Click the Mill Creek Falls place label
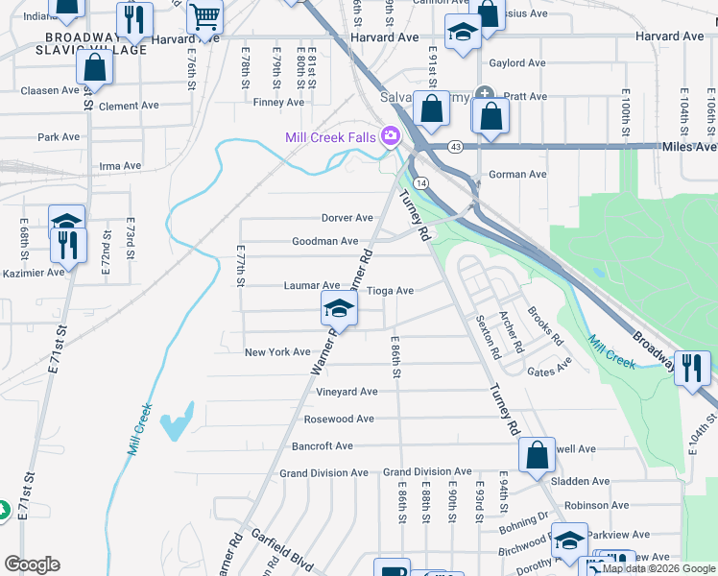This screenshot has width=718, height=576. click(x=330, y=137)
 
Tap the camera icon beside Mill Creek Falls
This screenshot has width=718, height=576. click(x=391, y=137)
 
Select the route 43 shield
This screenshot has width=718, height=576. click(x=455, y=147)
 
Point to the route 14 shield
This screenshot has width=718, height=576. click(x=420, y=182)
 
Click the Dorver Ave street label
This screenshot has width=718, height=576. click(x=347, y=218)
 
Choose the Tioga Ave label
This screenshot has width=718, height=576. click(x=390, y=291)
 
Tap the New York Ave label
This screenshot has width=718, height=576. click(x=277, y=352)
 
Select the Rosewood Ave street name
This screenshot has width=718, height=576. click(x=338, y=420)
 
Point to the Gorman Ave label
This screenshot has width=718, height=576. click(x=517, y=175)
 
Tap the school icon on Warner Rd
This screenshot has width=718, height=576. click(x=339, y=308)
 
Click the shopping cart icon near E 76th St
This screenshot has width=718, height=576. click(x=204, y=16)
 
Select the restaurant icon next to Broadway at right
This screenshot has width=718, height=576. click(x=692, y=368)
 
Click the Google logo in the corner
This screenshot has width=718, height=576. click(x=32, y=564)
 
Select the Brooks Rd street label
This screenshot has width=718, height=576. click(x=544, y=326)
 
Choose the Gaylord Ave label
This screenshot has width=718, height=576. click(x=517, y=63)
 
